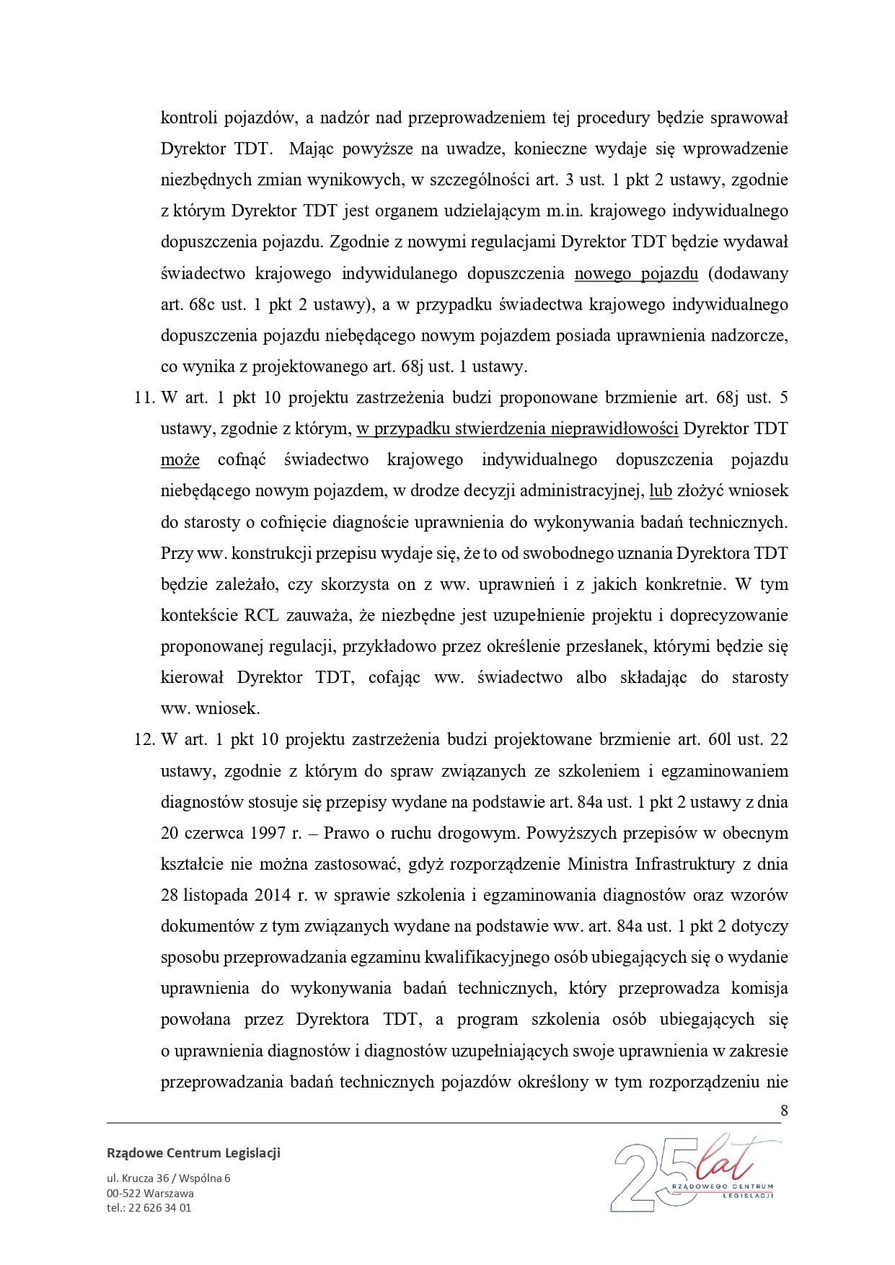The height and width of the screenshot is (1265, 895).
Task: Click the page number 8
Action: coord(784,1110)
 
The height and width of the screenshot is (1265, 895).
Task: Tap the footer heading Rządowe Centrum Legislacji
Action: coord(193,1152)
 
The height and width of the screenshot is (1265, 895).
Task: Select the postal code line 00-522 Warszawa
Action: coord(150,1193)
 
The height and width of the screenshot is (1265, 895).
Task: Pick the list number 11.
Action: coord(144,397)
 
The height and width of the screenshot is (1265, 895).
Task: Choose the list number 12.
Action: coord(144,739)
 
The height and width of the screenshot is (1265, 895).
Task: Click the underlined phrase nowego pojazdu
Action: coord(636,273)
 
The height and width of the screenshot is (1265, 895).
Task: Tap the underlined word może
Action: coord(180,459)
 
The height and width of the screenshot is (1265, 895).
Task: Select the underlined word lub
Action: coord(661,490)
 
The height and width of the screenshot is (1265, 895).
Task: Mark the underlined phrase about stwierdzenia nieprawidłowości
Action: coord(517,428)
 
